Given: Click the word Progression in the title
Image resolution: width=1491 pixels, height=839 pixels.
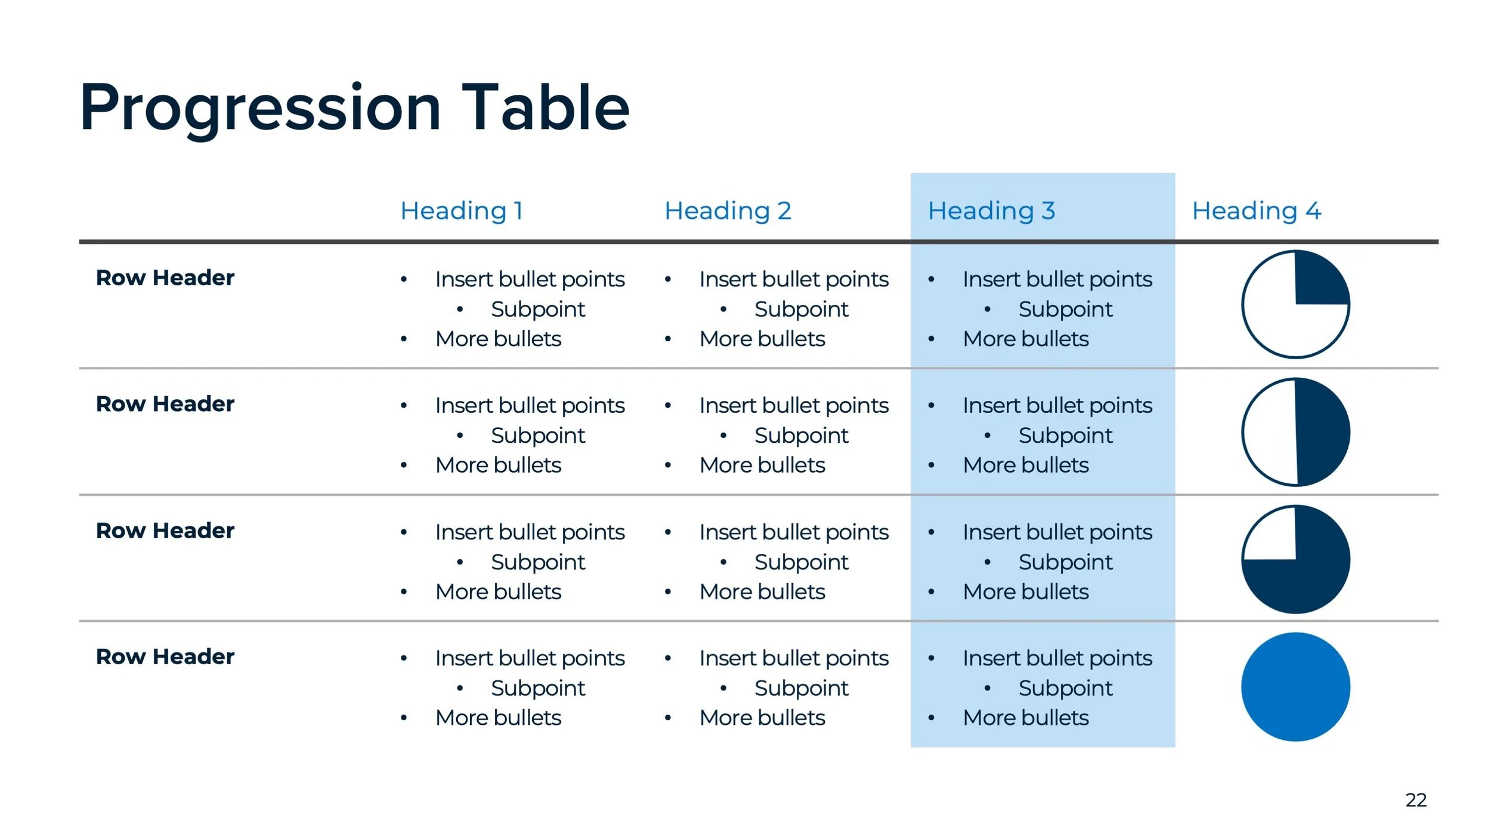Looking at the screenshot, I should (260, 109).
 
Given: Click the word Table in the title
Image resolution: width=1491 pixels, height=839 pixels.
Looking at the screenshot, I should (545, 107).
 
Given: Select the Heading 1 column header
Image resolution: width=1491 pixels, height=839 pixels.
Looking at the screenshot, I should (462, 211).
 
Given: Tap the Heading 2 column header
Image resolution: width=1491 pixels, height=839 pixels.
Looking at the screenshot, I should (728, 211).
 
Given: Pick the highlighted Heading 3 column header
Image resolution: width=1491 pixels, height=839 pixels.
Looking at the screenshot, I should (991, 211).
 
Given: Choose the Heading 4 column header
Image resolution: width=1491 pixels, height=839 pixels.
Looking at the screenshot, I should (1256, 211).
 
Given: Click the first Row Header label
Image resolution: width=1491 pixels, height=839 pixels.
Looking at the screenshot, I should (165, 278).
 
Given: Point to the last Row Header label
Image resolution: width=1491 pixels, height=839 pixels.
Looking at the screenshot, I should (165, 657).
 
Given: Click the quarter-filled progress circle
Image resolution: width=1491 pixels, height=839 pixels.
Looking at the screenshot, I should (1295, 304).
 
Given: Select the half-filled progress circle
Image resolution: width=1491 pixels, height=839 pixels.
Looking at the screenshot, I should (1295, 432).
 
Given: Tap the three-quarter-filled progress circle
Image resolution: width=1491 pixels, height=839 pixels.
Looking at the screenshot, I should (1295, 560).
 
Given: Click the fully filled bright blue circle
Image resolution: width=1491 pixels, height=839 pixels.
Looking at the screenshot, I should (1295, 687).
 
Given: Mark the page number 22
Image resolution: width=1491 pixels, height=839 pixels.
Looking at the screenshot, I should (1416, 800).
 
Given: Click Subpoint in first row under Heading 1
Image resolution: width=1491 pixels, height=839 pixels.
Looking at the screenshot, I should (537, 309).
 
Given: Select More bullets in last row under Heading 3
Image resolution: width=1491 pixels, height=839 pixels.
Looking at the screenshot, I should (1025, 718).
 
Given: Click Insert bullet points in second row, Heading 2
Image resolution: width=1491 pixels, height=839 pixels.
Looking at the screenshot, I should (793, 406).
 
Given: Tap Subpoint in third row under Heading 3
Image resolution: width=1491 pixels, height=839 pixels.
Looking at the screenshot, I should (1065, 562).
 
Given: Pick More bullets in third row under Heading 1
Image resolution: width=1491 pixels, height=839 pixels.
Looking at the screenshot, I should (498, 592).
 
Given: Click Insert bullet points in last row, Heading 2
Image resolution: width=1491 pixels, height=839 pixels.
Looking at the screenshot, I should (793, 658).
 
